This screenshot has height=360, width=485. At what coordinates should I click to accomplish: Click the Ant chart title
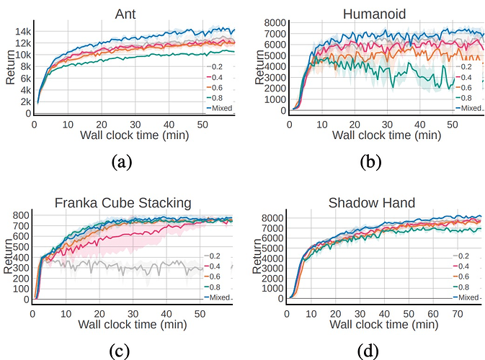[x=125, y=14]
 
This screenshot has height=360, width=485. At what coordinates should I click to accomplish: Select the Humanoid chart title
[x=374, y=14]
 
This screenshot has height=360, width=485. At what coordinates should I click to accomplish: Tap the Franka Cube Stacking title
[x=123, y=203]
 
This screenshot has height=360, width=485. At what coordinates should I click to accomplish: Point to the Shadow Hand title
[x=371, y=203]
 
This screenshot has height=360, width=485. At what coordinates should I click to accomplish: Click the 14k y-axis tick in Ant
[x=23, y=32]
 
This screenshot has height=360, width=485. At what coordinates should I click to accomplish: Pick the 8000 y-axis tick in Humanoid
[x=275, y=23]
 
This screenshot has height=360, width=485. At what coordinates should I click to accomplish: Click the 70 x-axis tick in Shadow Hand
[x=458, y=314]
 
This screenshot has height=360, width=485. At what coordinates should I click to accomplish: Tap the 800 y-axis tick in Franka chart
[x=21, y=215]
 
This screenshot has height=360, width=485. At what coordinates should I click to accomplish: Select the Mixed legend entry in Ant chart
[x=220, y=108]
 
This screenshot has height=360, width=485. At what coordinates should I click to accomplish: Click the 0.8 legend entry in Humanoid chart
[x=463, y=98]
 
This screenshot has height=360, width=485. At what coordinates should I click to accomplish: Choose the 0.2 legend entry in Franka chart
[x=212, y=256]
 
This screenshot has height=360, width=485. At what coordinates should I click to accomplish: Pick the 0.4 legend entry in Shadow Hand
[x=461, y=266]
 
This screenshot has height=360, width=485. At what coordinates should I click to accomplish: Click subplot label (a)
[x=122, y=161]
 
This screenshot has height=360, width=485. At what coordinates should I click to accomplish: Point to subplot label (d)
[x=368, y=351]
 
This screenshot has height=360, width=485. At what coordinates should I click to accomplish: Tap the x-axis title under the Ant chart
[x=135, y=135]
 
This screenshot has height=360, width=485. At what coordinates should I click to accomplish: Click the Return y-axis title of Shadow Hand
[x=257, y=256]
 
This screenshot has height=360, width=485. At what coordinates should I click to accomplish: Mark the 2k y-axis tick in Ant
[x=26, y=102]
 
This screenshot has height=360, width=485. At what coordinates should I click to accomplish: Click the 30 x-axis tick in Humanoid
[x=387, y=125]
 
